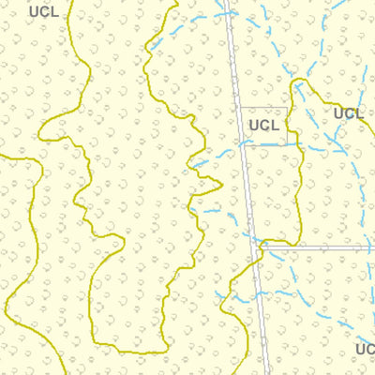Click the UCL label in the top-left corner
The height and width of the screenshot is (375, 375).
pyautogui.click(x=43, y=12)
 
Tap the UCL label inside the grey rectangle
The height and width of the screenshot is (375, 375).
pyautogui.click(x=263, y=125)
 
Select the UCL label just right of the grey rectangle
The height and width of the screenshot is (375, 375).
pyautogui.click(x=348, y=113)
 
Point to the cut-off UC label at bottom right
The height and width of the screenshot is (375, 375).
pyautogui.click(x=366, y=350)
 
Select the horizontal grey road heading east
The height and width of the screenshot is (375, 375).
pyautogui.click(x=319, y=248)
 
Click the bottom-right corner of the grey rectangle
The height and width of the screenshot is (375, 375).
pyautogui.click(x=287, y=144)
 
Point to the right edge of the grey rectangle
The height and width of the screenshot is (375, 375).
pyautogui.click(x=287, y=127)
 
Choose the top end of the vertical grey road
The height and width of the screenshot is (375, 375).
pyautogui.click(x=226, y=2)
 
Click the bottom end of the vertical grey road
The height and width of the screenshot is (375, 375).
pyautogui.click(x=268, y=372)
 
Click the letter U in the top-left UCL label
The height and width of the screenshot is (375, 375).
pyautogui.click(x=34, y=12)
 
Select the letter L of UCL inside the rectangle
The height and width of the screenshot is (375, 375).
pyautogui.click(x=275, y=125)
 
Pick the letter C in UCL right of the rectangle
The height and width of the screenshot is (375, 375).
pyautogui.click(x=348, y=113)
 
